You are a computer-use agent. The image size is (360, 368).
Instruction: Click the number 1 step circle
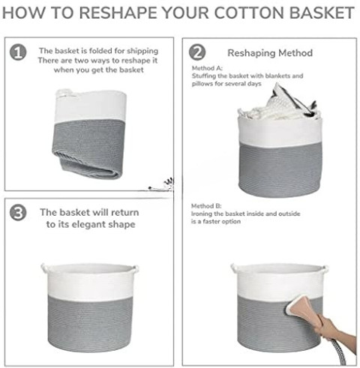coord(18,52)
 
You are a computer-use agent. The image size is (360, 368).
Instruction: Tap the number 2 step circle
coord(197,52)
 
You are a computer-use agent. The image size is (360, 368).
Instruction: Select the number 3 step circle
coord(18,213)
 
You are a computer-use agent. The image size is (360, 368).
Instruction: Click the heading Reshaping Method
coord(270,53)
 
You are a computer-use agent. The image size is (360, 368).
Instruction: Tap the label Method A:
coord(207,68)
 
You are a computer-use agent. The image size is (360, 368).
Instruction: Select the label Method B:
coord(206,206)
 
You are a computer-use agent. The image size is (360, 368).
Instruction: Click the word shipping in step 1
coord(142,51)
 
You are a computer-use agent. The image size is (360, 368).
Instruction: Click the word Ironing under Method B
coord(202,214)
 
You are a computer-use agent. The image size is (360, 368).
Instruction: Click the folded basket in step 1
coord(89,134)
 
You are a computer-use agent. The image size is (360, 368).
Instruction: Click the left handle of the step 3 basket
coord(44,268)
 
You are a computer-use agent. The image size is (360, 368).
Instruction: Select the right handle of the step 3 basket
coord(135,270)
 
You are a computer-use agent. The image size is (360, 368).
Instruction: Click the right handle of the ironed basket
coord(325,270)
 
